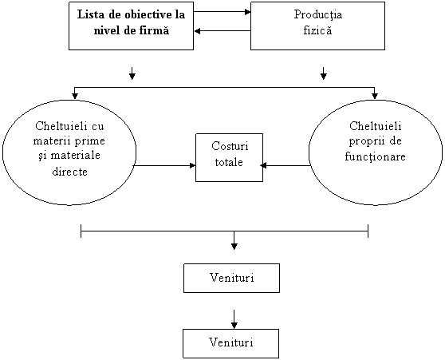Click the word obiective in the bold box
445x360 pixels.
[140, 14]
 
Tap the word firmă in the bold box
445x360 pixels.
[154, 30]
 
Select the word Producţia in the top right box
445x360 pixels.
[318, 15]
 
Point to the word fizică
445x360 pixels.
[317, 30]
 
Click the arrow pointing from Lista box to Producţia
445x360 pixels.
[222, 12]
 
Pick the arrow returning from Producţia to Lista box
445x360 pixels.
[222, 30]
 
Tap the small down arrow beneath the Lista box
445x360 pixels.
[132, 73]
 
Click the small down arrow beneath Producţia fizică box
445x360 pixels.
[323, 73]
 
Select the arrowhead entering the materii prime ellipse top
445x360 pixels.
[75, 96]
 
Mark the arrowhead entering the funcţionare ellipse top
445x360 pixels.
[375, 96]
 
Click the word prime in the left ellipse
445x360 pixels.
[92, 141]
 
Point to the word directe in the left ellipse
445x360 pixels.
[70, 172]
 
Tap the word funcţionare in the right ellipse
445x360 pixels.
[375, 156]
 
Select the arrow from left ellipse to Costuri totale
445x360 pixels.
[164, 165]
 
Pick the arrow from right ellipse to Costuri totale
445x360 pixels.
[285, 165]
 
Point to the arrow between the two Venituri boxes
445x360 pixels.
[234, 319]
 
